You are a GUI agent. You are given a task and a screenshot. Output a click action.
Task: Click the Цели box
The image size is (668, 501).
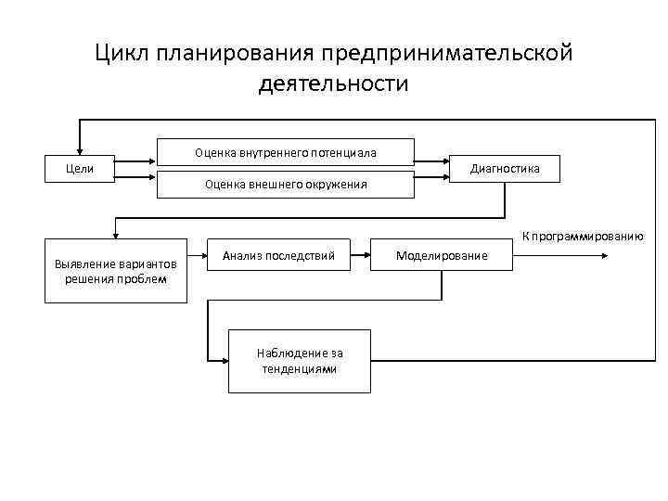[80, 168]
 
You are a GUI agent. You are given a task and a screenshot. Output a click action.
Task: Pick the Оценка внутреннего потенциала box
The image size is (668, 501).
[285, 152]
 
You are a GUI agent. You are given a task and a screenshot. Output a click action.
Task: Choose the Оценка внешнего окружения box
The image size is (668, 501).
[285, 184]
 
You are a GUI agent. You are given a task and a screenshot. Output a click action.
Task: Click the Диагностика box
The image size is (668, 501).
[505, 168]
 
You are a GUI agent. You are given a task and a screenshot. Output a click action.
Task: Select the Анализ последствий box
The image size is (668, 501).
[285, 253]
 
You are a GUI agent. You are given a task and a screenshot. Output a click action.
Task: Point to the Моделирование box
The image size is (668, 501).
[442, 254]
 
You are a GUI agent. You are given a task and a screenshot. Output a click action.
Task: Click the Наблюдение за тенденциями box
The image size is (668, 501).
[299, 360]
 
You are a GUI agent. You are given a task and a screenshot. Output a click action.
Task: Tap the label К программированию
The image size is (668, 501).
[583, 236]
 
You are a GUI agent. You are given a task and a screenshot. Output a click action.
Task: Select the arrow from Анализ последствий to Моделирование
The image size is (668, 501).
[364, 252]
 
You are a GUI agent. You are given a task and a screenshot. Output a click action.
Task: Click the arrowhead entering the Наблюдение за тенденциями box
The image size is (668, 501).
[224, 360]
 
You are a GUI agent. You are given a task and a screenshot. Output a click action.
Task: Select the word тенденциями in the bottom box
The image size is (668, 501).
[300, 368]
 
